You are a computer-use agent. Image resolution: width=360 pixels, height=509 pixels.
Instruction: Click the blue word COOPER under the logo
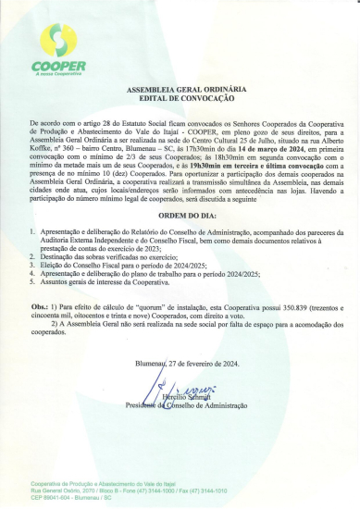point(58,67)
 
